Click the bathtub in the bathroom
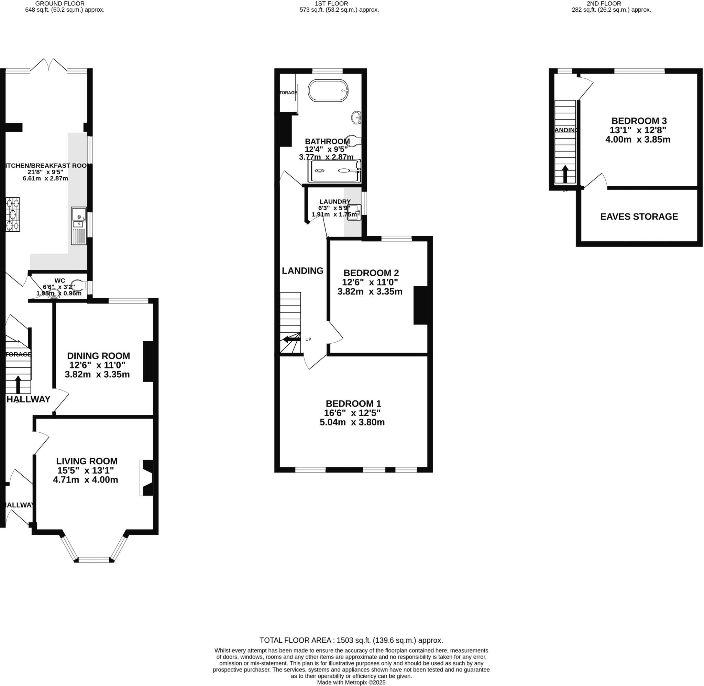click(x=328, y=90)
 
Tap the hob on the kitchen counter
click(x=13, y=215)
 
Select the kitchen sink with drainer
click(x=78, y=226)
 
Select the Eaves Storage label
click(x=639, y=217)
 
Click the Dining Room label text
click(x=98, y=356)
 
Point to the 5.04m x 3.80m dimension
click(x=352, y=422)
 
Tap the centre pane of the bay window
click(x=94, y=560)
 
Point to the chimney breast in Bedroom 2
click(x=420, y=305)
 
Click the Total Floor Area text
click(x=351, y=640)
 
